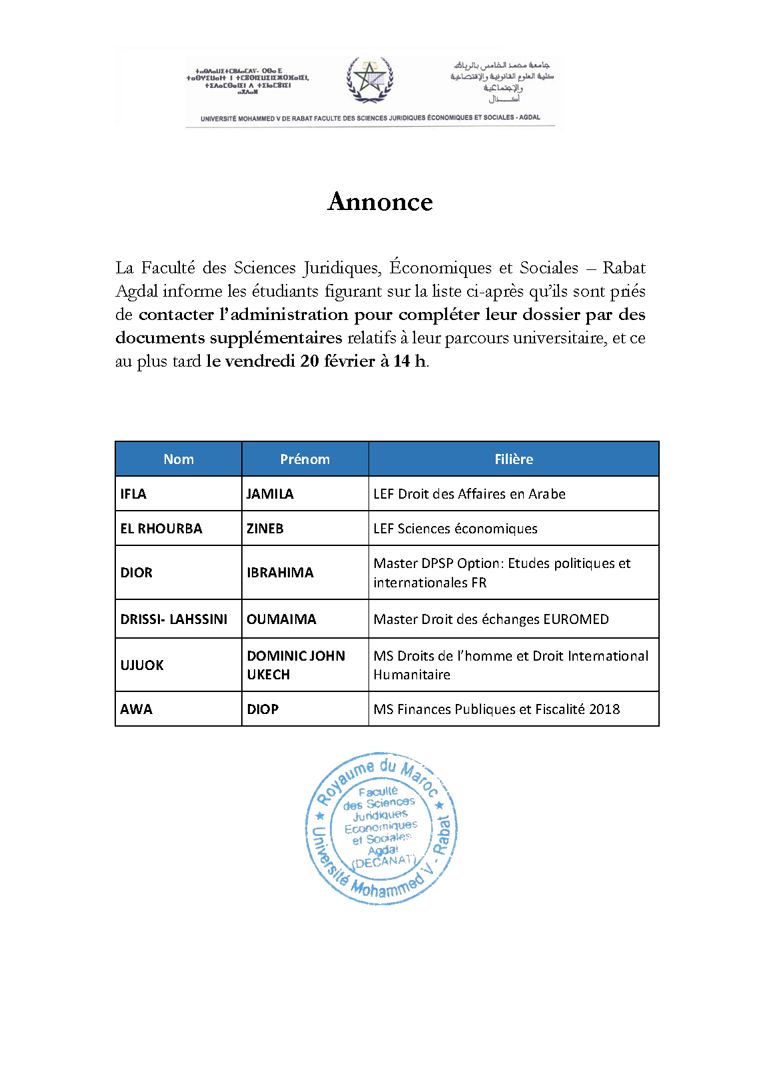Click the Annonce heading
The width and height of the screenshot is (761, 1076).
(x=380, y=201)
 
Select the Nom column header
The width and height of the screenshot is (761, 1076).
(x=179, y=459)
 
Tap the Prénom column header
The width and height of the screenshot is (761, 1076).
(x=305, y=459)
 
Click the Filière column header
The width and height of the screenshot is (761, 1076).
(x=513, y=459)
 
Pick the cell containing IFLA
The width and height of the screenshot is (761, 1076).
(x=133, y=494)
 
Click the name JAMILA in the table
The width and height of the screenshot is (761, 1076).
(x=270, y=494)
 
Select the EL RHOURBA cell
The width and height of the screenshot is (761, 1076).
(x=161, y=529)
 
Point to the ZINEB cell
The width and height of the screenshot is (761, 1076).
(x=265, y=529)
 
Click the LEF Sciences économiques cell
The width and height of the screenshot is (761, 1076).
(x=455, y=529)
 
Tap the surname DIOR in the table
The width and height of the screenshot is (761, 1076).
(x=137, y=573)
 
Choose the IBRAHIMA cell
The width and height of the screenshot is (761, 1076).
(x=280, y=573)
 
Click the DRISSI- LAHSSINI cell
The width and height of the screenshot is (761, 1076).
(x=174, y=619)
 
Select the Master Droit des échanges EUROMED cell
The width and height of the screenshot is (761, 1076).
(x=491, y=619)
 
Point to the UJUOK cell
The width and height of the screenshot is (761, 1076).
(x=142, y=665)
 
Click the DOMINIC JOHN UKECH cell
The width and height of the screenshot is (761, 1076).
(x=296, y=665)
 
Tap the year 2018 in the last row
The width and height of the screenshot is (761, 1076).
(x=604, y=709)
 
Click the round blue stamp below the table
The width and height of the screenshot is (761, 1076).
(x=381, y=829)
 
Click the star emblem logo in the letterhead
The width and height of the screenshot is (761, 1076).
(x=369, y=80)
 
